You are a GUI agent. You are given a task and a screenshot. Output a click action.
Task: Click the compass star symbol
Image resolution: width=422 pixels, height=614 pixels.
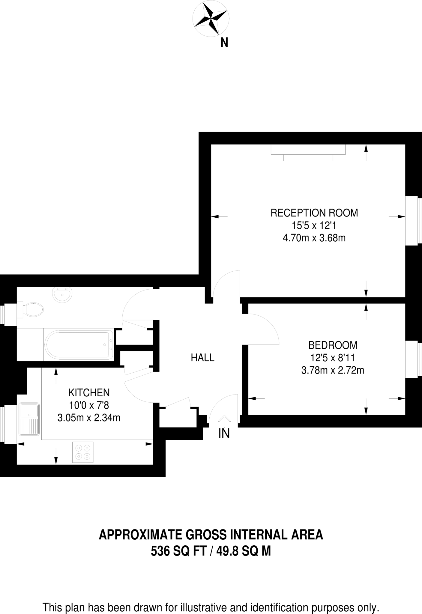(211, 19)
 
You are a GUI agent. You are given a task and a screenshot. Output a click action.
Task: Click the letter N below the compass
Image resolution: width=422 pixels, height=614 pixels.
(224, 43)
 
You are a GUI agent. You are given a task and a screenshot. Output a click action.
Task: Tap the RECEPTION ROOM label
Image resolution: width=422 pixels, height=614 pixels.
(314, 213)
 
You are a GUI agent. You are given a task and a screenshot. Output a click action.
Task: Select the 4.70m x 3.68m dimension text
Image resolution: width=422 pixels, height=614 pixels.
(314, 238)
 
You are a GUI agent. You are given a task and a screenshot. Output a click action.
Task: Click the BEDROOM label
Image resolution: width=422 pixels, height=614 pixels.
(333, 345)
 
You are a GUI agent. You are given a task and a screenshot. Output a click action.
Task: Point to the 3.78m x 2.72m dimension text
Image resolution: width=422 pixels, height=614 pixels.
(333, 371)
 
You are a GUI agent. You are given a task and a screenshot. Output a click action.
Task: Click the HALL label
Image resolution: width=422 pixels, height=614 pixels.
(202, 358)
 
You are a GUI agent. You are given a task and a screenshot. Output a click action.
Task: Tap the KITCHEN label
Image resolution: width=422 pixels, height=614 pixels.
(89, 392)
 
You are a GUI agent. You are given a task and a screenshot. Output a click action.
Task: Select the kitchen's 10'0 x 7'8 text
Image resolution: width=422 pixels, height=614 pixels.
(89, 405)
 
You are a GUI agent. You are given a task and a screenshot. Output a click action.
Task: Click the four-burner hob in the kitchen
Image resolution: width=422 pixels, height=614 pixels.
(83, 452)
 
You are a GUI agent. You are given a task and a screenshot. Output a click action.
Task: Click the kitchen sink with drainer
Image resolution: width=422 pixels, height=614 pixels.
(29, 419)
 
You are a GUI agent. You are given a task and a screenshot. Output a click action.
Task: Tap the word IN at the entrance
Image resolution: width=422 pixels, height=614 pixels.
(224, 434)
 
